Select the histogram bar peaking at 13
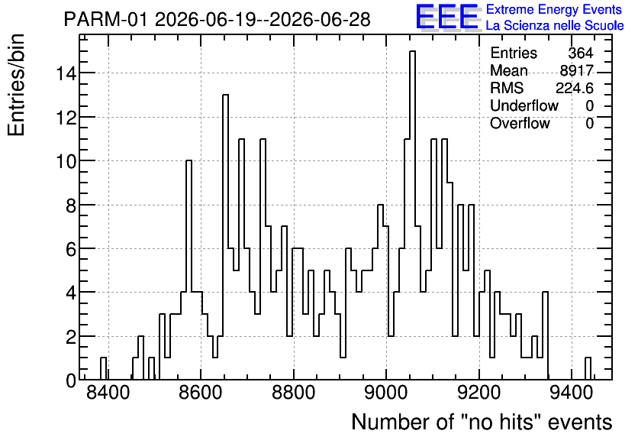tap(225, 237)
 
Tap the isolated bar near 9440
tap(588, 368)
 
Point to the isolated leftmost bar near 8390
tap(103, 368)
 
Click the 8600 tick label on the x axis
tap(201, 393)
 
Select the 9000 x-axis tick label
tap(387, 393)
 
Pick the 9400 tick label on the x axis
tap(572, 393)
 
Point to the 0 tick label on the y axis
tap(71, 380)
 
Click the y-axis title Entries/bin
tap(16, 85)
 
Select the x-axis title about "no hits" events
tap(482, 422)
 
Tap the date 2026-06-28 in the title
tap(320, 19)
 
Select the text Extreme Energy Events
tap(554, 9)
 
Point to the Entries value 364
tap(581, 53)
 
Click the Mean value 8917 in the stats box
tap(576, 70)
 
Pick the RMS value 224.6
tap(575, 88)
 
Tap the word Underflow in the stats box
tap(524, 105)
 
